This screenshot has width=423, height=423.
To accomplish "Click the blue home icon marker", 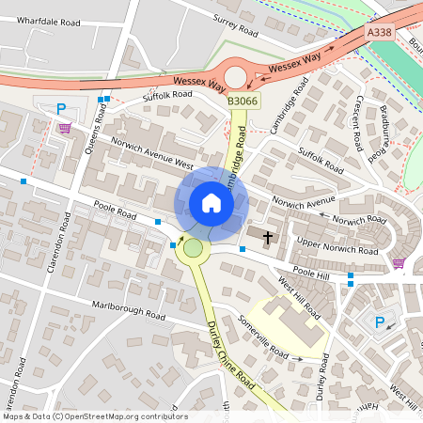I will tap(211, 202).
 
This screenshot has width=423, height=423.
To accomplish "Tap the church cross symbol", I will tap(268, 238).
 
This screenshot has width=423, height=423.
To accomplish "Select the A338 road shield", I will tap(380, 32).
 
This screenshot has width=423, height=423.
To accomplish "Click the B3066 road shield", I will tap(243, 101).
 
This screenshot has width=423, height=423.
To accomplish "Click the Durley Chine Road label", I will tap(231, 352).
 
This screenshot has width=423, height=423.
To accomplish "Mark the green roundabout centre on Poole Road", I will tap(194, 249).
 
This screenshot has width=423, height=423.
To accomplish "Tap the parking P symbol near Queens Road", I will tap(62, 108).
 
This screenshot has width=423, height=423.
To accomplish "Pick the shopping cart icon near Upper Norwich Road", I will tap(398, 263).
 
